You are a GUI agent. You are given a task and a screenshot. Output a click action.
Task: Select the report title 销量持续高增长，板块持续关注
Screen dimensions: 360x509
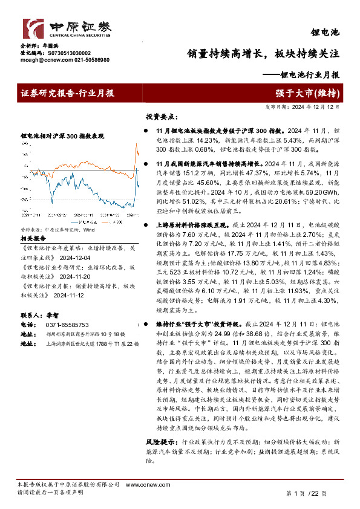coord(262,53)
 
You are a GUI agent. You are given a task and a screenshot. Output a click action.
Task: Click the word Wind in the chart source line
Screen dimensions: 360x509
coord(89,230)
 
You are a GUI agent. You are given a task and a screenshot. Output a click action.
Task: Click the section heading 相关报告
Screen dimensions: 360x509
coord(31,239)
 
